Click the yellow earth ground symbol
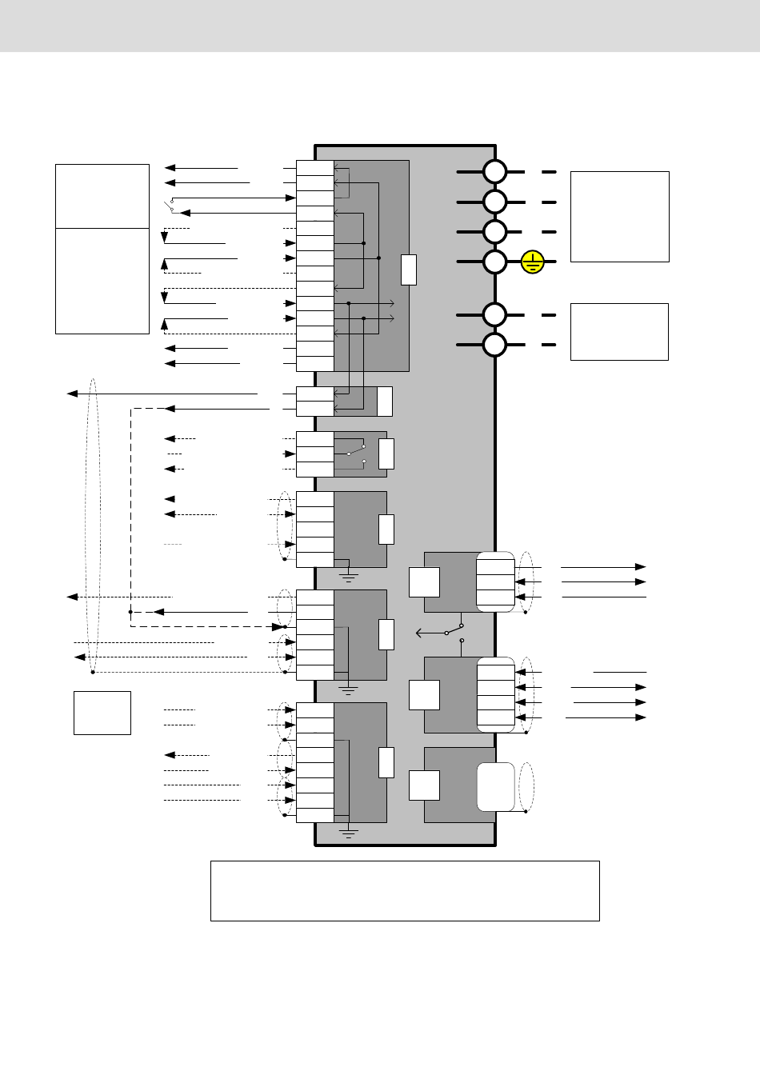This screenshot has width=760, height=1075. pos(533,262)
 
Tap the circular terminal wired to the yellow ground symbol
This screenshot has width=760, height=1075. pos(495,262)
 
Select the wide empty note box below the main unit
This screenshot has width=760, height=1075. pos(405,890)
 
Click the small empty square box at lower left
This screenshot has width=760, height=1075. pos(102,713)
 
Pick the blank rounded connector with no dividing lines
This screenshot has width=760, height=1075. pos(496,787)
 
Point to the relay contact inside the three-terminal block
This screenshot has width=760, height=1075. pos(357,454)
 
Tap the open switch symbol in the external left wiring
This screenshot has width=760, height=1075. pos(170,207)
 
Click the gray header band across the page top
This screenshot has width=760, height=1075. pos(380,26)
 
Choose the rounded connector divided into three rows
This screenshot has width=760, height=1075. pos(495,581)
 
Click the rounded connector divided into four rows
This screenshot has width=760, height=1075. pos(496,695)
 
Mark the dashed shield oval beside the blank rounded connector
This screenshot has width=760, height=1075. pos(526,787)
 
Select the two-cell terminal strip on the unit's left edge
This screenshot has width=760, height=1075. pos(314,401)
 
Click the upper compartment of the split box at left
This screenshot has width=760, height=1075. pos(102,196)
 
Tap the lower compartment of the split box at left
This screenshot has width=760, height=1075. pos(102,281)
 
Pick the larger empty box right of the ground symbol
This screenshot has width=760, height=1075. pos(619,216)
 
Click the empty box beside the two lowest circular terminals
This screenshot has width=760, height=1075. pos(619,331)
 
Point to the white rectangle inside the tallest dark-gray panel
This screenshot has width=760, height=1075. pos(408,270)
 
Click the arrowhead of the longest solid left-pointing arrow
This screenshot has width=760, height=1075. pos(72,394)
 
